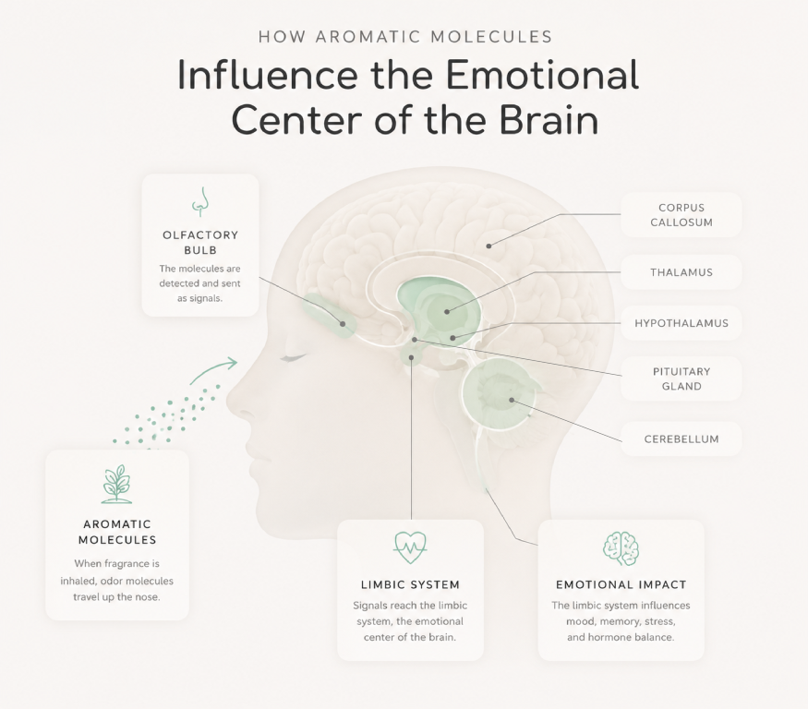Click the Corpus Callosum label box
(x=681, y=215)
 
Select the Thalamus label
(x=681, y=272)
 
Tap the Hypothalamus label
(x=681, y=323)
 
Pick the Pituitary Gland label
(x=681, y=379)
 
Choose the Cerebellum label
(x=681, y=439)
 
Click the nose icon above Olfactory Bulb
(x=201, y=201)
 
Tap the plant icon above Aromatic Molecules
(x=117, y=484)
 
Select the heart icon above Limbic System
(x=410, y=547)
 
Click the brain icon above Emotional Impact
(x=621, y=548)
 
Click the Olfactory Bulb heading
(x=200, y=242)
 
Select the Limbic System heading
(x=410, y=584)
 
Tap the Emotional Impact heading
(x=621, y=584)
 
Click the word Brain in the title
(x=549, y=120)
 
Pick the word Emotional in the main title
(x=542, y=75)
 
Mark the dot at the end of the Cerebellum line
(x=512, y=400)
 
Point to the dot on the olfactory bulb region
(x=343, y=324)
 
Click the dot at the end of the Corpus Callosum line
(x=488, y=246)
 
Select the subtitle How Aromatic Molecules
(x=405, y=37)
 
